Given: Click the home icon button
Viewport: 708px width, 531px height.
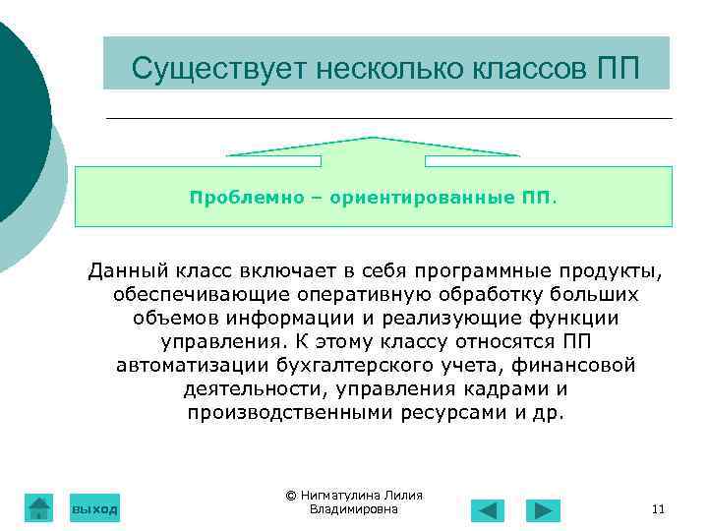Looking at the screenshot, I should click(38, 507).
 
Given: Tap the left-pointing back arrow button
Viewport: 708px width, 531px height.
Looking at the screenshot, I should click(487, 510).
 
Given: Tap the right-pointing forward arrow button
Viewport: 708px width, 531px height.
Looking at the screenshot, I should click(543, 510).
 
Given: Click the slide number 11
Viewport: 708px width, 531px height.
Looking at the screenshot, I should click(658, 509).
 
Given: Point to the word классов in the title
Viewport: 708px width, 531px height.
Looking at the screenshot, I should click(526, 69).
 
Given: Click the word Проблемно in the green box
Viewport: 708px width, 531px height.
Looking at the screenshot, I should click(236, 197).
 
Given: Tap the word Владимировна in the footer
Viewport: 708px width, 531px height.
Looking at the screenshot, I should click(353, 509).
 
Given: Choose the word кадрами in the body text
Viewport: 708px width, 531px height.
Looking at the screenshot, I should click(498, 388).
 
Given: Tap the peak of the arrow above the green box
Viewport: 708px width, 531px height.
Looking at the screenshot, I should click(373, 138).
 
